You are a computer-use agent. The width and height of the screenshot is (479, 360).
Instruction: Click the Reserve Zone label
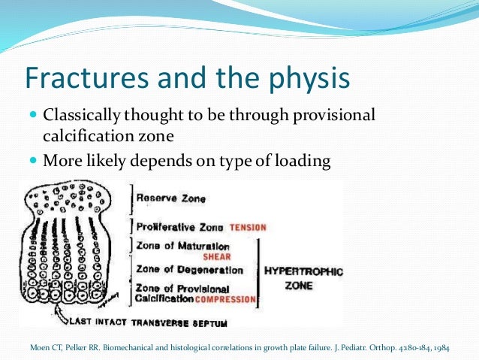tap(169, 200)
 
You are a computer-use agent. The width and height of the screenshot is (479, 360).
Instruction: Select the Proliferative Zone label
tap(180, 226)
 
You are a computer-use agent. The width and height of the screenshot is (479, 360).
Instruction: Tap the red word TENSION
tap(248, 227)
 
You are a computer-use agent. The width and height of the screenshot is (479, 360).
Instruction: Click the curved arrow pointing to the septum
tap(50, 312)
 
